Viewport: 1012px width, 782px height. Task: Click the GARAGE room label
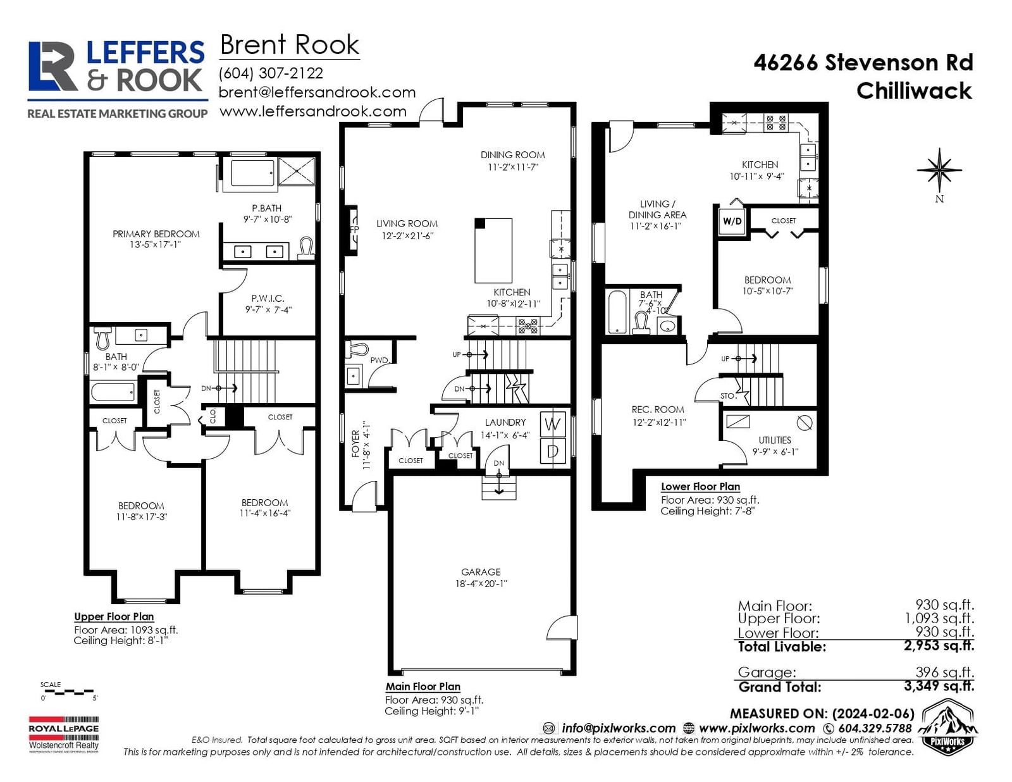[x=481, y=572]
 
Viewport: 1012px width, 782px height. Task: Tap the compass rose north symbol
[x=939, y=171]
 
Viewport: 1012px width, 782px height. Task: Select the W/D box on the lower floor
[x=732, y=221]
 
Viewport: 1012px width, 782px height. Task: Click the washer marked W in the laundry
[x=553, y=425]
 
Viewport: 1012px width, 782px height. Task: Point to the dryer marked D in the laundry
[x=553, y=451]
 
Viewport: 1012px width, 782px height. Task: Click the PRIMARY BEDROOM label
[x=156, y=234]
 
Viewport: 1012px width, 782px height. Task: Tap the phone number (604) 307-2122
[x=271, y=73]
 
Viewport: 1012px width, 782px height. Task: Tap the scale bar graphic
[x=68, y=692]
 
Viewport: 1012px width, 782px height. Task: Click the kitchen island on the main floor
[x=493, y=251]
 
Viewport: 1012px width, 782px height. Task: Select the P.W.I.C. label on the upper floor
[x=268, y=298]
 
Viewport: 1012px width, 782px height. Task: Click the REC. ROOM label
[x=658, y=409]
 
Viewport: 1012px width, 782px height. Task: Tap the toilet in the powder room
[x=357, y=349]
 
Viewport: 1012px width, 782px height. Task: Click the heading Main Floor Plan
[x=423, y=686]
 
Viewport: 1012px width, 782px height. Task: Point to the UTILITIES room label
[x=774, y=440]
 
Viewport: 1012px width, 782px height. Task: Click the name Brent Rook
[x=290, y=45]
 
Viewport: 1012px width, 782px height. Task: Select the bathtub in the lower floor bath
[x=618, y=312]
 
